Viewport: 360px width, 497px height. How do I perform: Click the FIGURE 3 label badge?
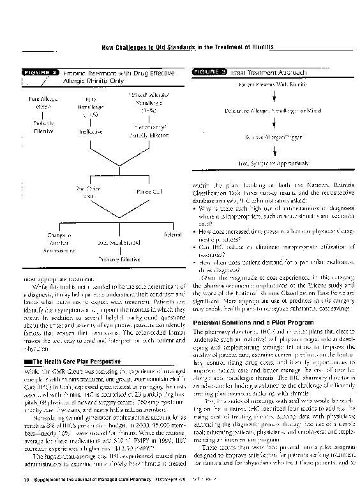click(210, 72)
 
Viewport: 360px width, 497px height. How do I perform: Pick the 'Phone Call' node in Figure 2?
click(149, 191)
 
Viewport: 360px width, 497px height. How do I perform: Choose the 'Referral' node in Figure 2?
click(172, 235)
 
